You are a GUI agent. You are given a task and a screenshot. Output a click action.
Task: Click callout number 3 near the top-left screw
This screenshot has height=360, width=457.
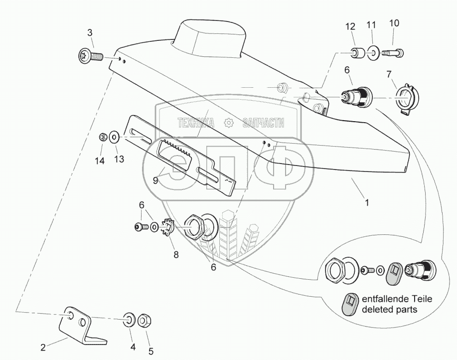[90, 33]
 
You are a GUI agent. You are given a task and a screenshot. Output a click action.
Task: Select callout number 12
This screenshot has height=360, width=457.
[351, 26]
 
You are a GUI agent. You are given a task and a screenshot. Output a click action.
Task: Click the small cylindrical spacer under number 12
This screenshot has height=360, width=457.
[357, 52]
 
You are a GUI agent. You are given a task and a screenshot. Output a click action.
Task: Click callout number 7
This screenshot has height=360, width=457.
[389, 74]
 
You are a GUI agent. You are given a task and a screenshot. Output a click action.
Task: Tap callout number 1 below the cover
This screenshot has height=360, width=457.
[367, 203]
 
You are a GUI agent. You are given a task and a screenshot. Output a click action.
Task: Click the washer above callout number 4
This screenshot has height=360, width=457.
[129, 319]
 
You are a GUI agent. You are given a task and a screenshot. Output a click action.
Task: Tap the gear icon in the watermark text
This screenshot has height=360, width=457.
[229, 123]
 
